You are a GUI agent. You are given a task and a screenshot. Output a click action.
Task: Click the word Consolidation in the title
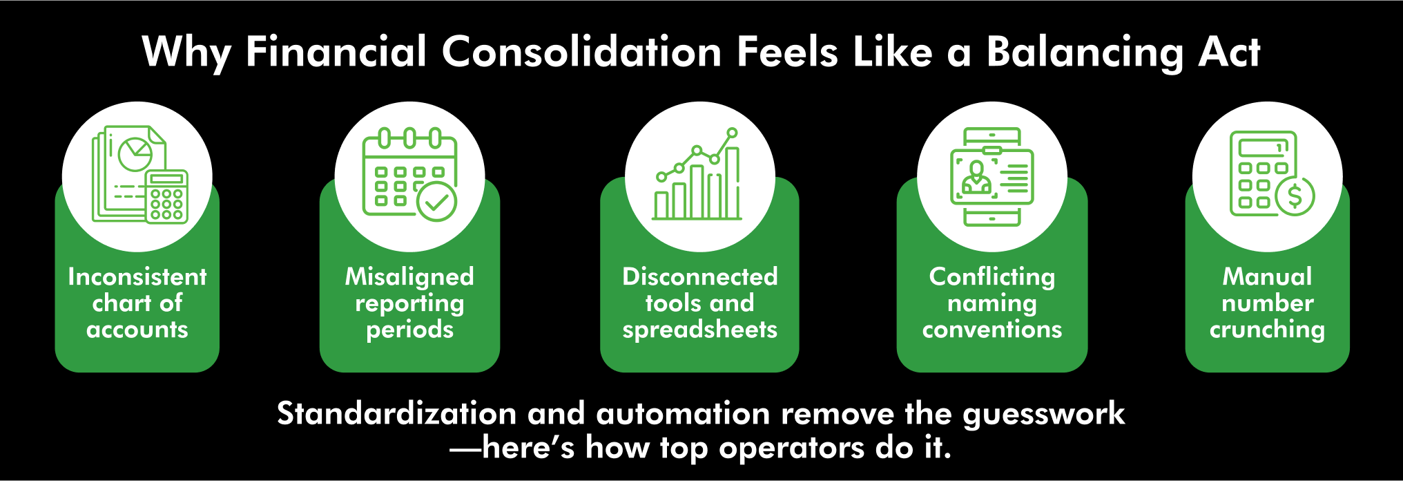581,52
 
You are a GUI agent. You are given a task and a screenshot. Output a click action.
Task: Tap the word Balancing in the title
1084,53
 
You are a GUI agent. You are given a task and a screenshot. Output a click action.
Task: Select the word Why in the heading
186,53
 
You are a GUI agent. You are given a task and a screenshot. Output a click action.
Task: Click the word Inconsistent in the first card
137,276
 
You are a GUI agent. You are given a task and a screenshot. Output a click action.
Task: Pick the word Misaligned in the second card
409,276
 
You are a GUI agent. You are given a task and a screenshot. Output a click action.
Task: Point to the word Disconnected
699,276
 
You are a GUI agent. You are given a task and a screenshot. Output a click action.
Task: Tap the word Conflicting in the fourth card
992,276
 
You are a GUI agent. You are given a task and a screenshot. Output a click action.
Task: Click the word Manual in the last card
1267,276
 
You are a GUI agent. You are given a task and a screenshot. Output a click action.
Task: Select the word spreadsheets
699,330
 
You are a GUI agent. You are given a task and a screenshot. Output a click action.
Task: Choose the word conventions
992,330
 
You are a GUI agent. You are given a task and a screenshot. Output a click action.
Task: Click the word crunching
1267,330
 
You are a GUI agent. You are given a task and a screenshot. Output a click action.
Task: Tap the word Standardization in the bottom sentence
396,414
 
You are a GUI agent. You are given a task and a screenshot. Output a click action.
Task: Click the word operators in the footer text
791,449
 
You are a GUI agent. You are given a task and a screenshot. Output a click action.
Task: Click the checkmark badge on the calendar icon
437,202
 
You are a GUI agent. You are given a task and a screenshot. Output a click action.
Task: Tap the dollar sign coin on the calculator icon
1295,196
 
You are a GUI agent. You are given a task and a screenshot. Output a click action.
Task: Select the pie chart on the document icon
135,153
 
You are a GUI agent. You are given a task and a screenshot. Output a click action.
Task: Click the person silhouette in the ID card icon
976,177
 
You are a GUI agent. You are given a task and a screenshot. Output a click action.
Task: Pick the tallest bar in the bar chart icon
732,182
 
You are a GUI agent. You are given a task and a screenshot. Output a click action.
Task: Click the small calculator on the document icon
166,197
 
